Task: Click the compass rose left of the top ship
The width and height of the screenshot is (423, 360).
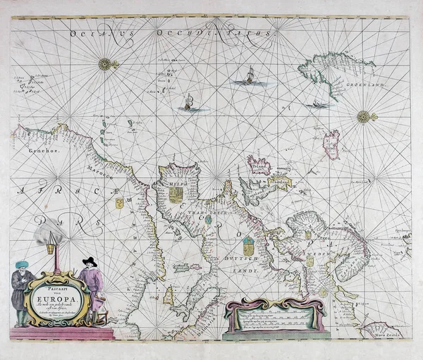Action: [x=107, y=65]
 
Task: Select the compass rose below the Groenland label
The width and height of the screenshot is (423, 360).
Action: [x=365, y=116]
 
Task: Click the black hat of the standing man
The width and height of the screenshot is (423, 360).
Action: [x=88, y=261]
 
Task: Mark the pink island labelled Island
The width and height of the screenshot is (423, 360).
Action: [x=260, y=166]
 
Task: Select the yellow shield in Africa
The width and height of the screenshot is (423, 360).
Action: [x=120, y=204]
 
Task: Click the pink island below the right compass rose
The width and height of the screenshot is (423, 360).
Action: [x=331, y=142]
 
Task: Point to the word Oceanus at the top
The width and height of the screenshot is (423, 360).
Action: [x=92, y=31]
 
